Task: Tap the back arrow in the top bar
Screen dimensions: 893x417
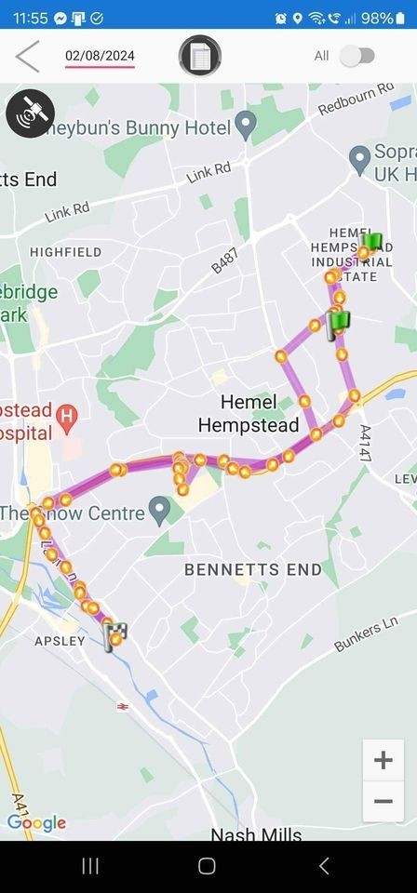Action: pos(28,56)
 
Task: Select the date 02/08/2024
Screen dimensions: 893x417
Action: pos(100,56)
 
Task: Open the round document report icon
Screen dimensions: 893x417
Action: pos(200,56)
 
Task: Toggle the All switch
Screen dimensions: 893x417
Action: pos(356,56)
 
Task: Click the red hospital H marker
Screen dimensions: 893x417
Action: pos(66,413)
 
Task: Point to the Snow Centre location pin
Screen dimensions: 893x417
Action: pos(160,509)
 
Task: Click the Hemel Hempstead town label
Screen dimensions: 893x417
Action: pos(249,414)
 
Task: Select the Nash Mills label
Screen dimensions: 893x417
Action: pos(256,833)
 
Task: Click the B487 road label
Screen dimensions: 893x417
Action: pos(224,260)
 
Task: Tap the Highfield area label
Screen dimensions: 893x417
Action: pos(65,252)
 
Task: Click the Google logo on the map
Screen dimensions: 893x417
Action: pos(36,823)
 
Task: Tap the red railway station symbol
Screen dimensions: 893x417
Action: pos(124,707)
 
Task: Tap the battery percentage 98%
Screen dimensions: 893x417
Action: pos(377,18)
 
